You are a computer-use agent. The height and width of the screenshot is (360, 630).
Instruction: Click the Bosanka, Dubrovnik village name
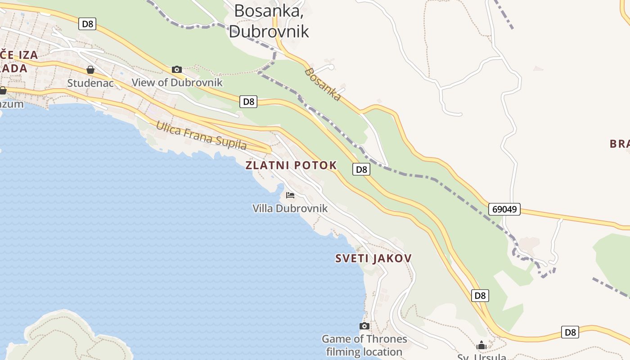[x=269, y=21]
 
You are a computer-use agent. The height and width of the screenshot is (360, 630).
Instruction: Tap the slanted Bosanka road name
[x=322, y=84]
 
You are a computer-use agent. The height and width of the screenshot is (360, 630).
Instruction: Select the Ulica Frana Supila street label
[x=201, y=135]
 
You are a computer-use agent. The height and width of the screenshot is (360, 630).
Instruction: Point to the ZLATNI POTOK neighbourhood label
[x=291, y=165]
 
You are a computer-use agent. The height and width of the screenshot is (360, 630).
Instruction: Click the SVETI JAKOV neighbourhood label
[x=373, y=258]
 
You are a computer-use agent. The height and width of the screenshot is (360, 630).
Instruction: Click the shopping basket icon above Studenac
[x=90, y=70]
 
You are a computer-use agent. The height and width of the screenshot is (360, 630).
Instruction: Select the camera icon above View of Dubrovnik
[x=177, y=69]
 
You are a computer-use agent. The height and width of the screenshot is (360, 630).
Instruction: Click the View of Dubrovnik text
[x=177, y=82]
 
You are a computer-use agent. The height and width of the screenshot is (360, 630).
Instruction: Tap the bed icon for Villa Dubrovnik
[x=290, y=195]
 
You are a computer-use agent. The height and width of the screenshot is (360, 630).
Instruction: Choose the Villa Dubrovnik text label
[x=290, y=208]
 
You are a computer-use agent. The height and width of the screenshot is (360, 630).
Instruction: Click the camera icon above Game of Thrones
[x=364, y=326]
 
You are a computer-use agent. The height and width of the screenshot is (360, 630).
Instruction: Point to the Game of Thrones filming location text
[x=364, y=345]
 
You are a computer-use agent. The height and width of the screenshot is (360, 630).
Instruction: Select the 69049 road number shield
[x=504, y=209]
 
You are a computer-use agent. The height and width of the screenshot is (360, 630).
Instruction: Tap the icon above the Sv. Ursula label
[x=481, y=346]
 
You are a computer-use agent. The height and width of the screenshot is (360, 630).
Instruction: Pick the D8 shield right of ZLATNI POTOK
[x=361, y=169]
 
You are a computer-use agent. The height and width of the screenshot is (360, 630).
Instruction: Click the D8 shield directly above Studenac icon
[x=87, y=24]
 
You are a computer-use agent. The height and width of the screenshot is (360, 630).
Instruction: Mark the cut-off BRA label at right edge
[x=620, y=144]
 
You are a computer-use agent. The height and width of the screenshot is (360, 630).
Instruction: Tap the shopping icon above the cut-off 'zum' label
[x=3, y=90]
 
